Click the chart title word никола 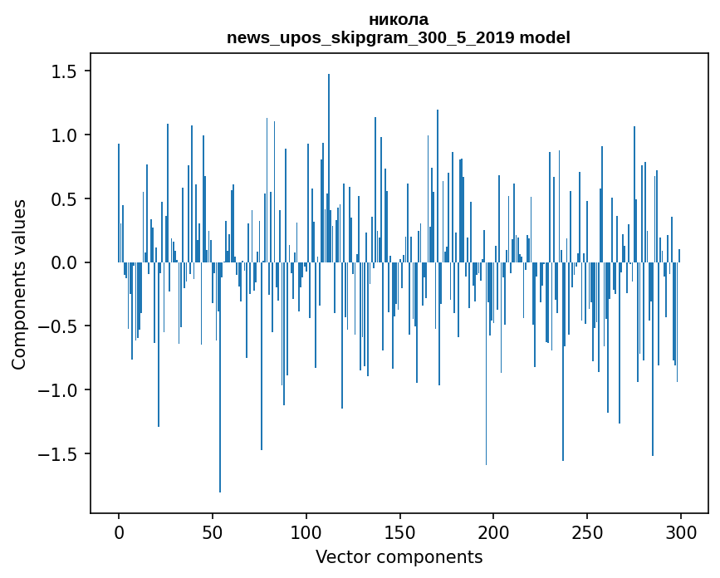[399, 19]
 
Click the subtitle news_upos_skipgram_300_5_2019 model [399, 37]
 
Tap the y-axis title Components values [19, 284]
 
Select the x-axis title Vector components [399, 556]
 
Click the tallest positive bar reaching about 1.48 [329, 166]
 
